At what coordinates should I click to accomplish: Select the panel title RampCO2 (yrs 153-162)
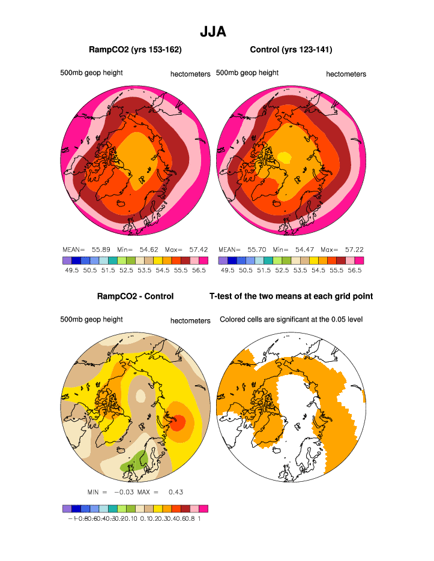[135, 50]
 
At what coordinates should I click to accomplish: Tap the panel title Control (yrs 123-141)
[291, 50]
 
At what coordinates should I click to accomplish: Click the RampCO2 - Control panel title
[135, 296]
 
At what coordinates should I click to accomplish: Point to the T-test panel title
[291, 296]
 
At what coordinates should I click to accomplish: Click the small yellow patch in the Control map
[284, 158]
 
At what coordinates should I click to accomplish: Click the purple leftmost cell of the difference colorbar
[67, 508]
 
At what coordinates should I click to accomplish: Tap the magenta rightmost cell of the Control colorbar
[359, 260]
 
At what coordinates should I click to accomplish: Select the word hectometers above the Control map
[346, 74]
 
